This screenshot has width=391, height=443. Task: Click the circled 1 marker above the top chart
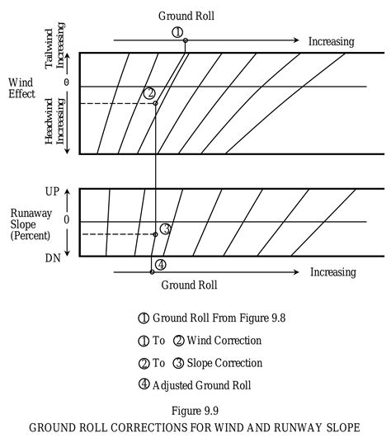[177, 32]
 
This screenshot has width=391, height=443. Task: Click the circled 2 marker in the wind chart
[149, 93]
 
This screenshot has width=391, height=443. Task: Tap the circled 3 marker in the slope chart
[165, 229]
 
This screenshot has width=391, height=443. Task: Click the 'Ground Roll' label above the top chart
[189, 16]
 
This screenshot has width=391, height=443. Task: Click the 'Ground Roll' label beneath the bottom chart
[189, 285]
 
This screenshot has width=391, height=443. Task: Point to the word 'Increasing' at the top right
[331, 41]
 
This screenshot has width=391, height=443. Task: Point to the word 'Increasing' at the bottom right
[332, 272]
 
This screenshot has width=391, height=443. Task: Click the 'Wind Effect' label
[21, 88]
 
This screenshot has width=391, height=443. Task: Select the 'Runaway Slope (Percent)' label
[27, 224]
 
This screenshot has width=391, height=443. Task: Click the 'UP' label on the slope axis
[52, 191]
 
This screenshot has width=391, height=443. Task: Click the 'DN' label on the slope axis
[52, 257]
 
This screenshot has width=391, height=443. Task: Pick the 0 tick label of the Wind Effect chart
[66, 84]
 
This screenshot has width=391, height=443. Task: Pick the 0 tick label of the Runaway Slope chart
[66, 221]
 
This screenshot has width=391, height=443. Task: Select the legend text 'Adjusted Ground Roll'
[200, 384]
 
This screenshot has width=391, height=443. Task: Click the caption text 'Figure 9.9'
[195, 410]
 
